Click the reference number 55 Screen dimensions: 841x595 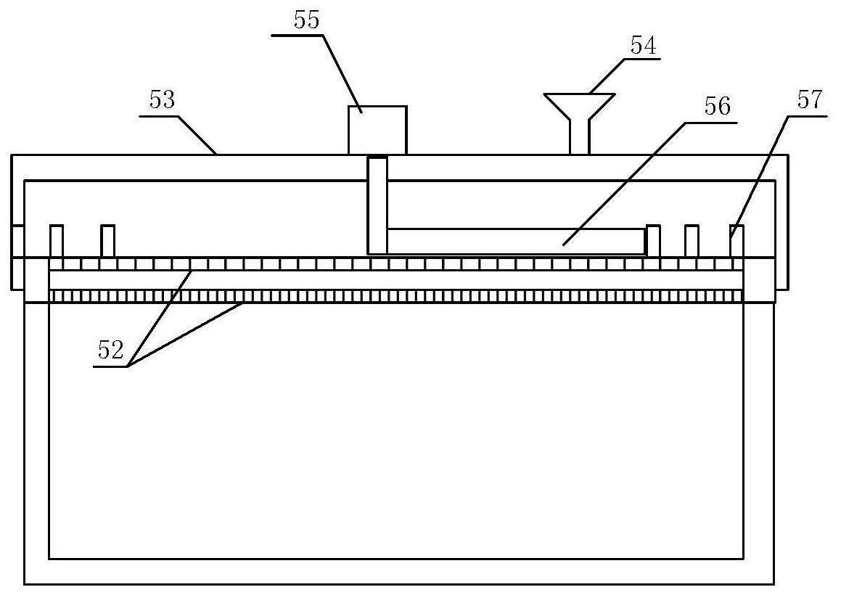point(307,20)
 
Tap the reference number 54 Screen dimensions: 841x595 point(643,46)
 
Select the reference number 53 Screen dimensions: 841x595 point(162,100)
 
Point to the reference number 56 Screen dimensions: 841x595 point(718,106)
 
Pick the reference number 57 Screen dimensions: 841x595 point(810,100)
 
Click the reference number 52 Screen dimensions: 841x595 point(111,350)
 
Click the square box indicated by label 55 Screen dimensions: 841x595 point(377,131)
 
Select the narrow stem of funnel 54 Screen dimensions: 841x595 point(579,137)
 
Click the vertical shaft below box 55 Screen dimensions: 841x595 point(377,205)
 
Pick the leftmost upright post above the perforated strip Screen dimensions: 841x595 point(57,241)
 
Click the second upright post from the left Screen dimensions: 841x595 point(108,241)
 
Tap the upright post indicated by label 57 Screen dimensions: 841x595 point(737,242)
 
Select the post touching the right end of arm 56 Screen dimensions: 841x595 point(653,242)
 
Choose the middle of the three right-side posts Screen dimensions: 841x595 point(692,242)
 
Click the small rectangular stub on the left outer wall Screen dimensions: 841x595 point(17,241)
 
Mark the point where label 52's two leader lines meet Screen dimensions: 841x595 point(128,366)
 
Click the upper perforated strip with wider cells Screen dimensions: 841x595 point(396,264)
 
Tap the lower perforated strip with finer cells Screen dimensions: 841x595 point(396,296)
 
